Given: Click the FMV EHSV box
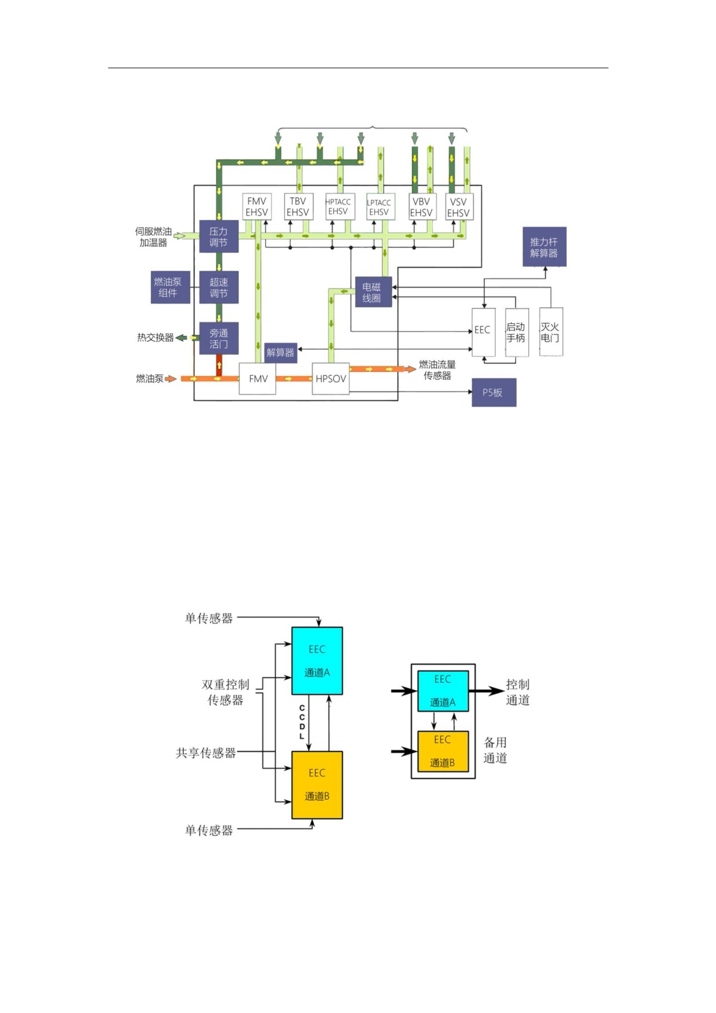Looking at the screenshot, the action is pyautogui.click(x=257, y=206).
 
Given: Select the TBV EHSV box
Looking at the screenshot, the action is pyautogui.click(x=298, y=206).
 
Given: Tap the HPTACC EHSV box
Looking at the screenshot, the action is pyautogui.click(x=339, y=206).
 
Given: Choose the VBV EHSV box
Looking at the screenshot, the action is pyautogui.click(x=422, y=206).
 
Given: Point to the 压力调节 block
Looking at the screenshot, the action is pyautogui.click(x=219, y=236).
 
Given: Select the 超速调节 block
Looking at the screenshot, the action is pyautogui.click(x=219, y=287).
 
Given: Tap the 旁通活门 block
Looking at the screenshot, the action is pyautogui.click(x=219, y=338).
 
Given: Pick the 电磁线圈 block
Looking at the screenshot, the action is pyautogui.click(x=373, y=292).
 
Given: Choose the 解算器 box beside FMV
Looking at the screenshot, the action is pyautogui.click(x=281, y=353).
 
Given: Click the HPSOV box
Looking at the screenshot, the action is pyautogui.click(x=331, y=379).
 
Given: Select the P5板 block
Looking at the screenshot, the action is pyautogui.click(x=494, y=393).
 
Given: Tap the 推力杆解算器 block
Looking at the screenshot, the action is pyautogui.click(x=544, y=247).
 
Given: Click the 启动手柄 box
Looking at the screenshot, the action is pyautogui.click(x=517, y=332).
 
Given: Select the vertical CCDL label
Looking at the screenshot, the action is pyautogui.click(x=302, y=722).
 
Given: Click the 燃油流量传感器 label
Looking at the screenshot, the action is pyautogui.click(x=437, y=370).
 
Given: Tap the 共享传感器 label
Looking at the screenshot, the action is pyautogui.click(x=206, y=753).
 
